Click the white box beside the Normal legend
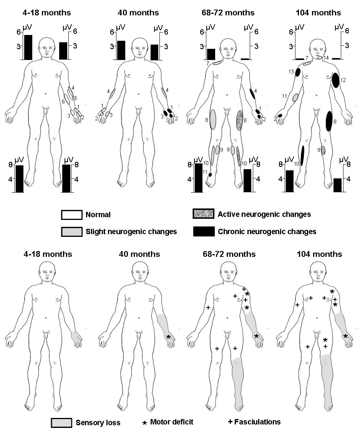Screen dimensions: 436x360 (x=71, y=215)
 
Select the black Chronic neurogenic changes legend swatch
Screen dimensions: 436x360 (x=203, y=231)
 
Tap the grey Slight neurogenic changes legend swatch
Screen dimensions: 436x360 (x=71, y=231)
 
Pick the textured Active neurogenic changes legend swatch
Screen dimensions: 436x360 (x=203, y=214)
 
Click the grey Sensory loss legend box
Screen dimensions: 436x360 (x=61, y=423)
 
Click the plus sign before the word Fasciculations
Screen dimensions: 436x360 (x=230, y=422)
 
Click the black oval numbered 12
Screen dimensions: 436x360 (x=335, y=80)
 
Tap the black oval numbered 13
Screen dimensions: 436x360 (x=298, y=73)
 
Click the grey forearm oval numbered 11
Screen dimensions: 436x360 (x=295, y=98)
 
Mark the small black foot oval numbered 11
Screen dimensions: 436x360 (x=210, y=175)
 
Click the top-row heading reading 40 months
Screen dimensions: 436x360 (x=138, y=13)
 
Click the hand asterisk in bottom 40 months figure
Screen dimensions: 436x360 (x=168, y=337)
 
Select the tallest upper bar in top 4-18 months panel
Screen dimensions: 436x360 (x=28, y=47)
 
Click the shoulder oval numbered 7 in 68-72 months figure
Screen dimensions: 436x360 (x=217, y=63)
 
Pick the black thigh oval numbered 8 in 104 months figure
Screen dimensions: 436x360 (x=329, y=121)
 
